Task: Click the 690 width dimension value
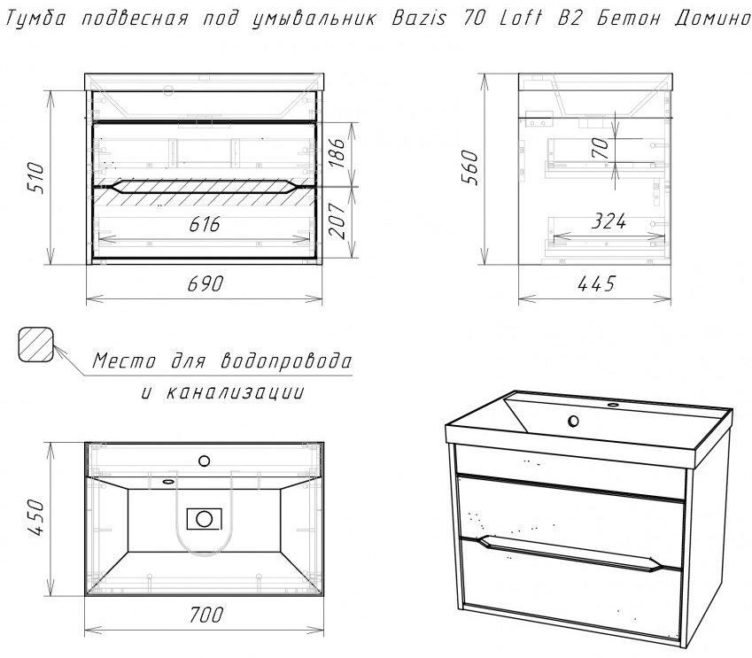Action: pos(205,283)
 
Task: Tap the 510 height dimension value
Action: pos(36,178)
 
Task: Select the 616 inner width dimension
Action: pos(205,223)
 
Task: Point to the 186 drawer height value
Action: pos(337,153)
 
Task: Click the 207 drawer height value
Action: pos(337,221)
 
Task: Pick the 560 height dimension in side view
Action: pos(469,167)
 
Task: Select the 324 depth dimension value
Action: pos(609,221)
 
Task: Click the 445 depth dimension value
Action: pos(596,283)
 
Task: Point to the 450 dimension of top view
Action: pos(36,517)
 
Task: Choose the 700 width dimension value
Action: pos(205,615)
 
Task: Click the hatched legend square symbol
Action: pos(35,344)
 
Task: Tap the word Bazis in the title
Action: pos(419,19)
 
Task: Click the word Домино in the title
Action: pos(712,19)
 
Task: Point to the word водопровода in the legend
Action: pos(286,360)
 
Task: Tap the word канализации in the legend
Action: pos(235,392)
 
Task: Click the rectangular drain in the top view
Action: pos(205,518)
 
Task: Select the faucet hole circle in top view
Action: pos(205,461)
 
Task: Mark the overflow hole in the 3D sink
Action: pos(572,422)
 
